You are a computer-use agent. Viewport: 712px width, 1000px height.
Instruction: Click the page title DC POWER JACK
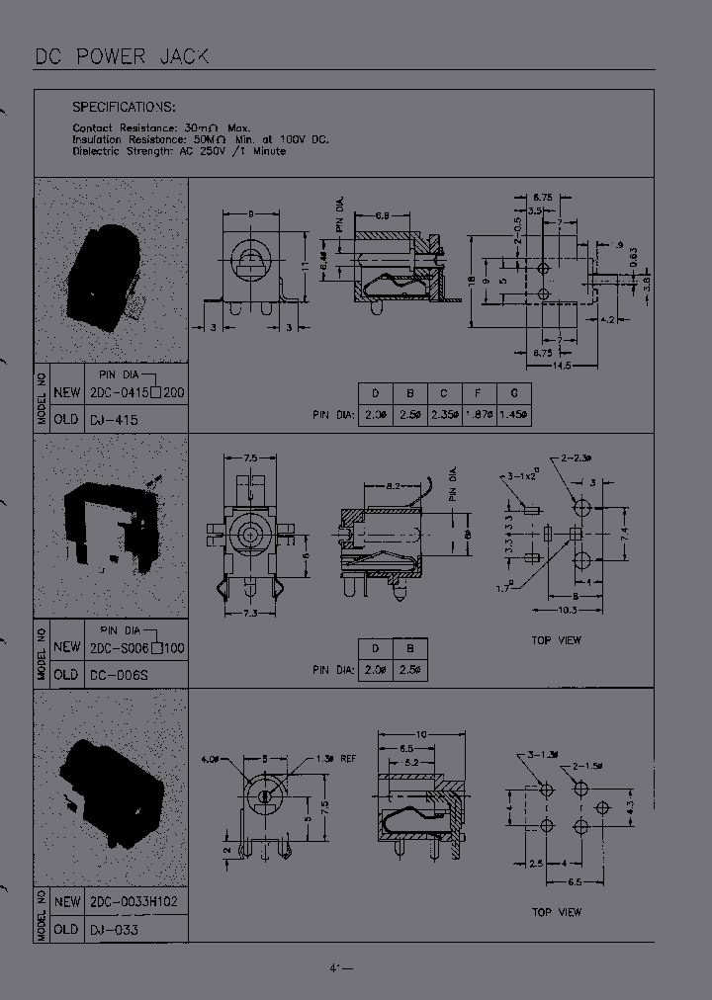(x=122, y=56)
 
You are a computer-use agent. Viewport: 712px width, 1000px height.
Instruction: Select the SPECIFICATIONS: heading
(x=125, y=107)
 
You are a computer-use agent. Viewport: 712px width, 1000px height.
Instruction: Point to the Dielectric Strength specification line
(x=179, y=151)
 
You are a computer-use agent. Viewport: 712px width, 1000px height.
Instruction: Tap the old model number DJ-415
(x=114, y=420)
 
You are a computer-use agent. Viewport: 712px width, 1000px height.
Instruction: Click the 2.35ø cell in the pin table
(x=444, y=413)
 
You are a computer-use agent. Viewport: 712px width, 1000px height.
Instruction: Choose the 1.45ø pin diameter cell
(x=513, y=413)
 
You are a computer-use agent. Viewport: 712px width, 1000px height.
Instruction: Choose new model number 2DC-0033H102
(x=133, y=902)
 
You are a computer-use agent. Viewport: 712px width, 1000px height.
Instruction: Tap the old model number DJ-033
(x=114, y=930)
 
